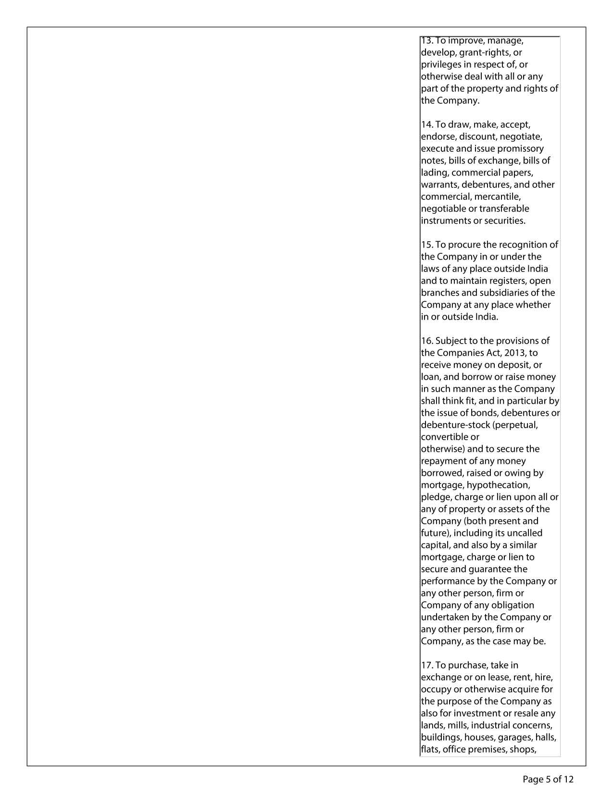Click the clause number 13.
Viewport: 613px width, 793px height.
[426, 41]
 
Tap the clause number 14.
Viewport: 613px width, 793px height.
[427, 125]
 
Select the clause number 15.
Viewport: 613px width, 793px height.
[427, 245]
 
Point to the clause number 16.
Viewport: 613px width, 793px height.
[427, 341]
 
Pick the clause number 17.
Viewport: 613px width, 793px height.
[427, 666]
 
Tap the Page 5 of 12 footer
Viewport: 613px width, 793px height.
[548, 779]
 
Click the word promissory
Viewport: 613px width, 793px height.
[521, 149]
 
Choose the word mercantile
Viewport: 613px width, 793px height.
[497, 197]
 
